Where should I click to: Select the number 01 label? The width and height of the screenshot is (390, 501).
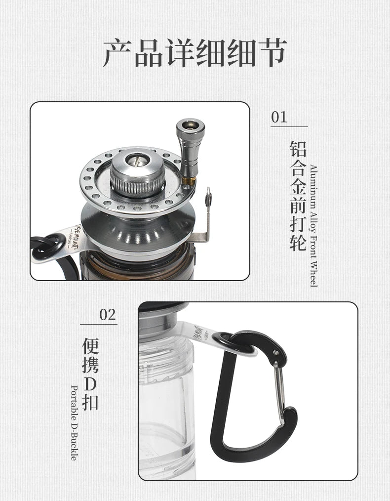point(279,117)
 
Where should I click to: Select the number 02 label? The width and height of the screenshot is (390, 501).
point(107,315)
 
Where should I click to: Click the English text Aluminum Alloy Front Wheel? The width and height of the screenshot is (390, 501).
point(313,225)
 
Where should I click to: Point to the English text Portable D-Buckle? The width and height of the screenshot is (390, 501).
point(74,422)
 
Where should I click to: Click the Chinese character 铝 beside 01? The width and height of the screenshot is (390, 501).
point(298,149)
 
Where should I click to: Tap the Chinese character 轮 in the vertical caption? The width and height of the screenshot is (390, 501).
point(298,242)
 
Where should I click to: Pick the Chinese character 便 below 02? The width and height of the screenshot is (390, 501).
point(90,345)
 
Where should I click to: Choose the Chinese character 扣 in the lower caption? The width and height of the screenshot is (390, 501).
point(90,401)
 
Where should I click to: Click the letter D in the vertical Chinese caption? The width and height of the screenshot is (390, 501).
point(90,383)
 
